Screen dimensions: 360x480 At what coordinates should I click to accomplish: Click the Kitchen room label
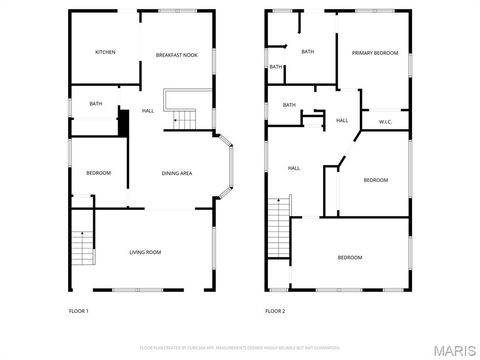point(105,52)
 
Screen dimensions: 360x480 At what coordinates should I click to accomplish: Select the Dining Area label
point(177,174)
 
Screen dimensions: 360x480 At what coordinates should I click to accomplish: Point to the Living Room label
point(145,252)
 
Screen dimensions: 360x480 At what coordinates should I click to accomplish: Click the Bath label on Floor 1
point(95,103)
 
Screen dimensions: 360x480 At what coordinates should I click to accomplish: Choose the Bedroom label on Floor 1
point(98,173)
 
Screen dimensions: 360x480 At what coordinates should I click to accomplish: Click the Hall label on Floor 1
point(148,110)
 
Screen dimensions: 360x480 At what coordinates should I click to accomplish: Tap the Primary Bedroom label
point(375,52)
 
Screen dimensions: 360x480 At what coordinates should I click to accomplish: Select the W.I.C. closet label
point(385,121)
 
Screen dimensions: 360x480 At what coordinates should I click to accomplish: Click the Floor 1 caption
point(78,312)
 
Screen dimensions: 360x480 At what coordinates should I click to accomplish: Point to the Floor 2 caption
point(275,312)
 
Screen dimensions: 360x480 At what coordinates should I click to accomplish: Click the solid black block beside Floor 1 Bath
point(124,122)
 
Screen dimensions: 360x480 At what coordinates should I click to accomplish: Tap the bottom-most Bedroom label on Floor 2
point(349,258)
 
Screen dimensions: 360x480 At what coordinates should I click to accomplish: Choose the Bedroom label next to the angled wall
point(375,180)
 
